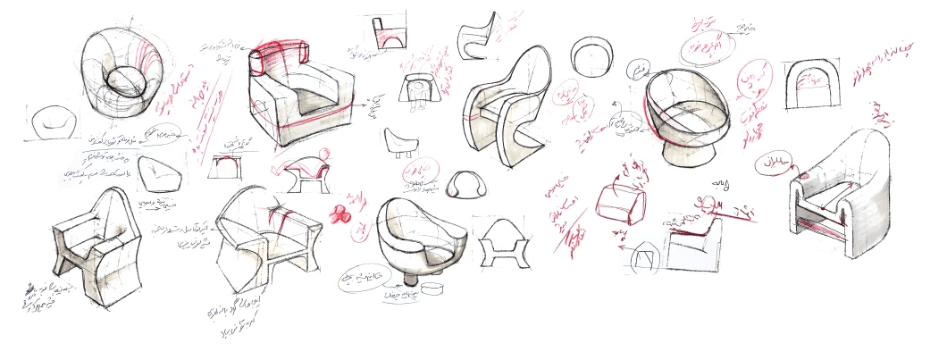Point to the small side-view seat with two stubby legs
(x=399, y=141)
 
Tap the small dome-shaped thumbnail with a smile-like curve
(x=465, y=186)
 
